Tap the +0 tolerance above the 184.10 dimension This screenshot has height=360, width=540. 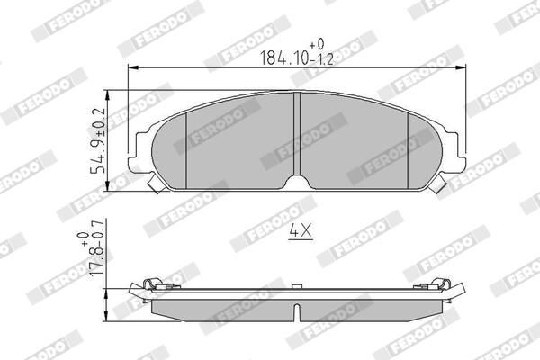click(315, 42)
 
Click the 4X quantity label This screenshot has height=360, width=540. click(299, 231)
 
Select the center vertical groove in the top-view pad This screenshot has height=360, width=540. click(298, 135)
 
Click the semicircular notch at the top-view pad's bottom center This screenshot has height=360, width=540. click(298, 183)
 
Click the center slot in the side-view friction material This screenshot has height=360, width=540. click(298, 312)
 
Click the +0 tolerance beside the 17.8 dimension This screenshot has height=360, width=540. click(83, 236)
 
